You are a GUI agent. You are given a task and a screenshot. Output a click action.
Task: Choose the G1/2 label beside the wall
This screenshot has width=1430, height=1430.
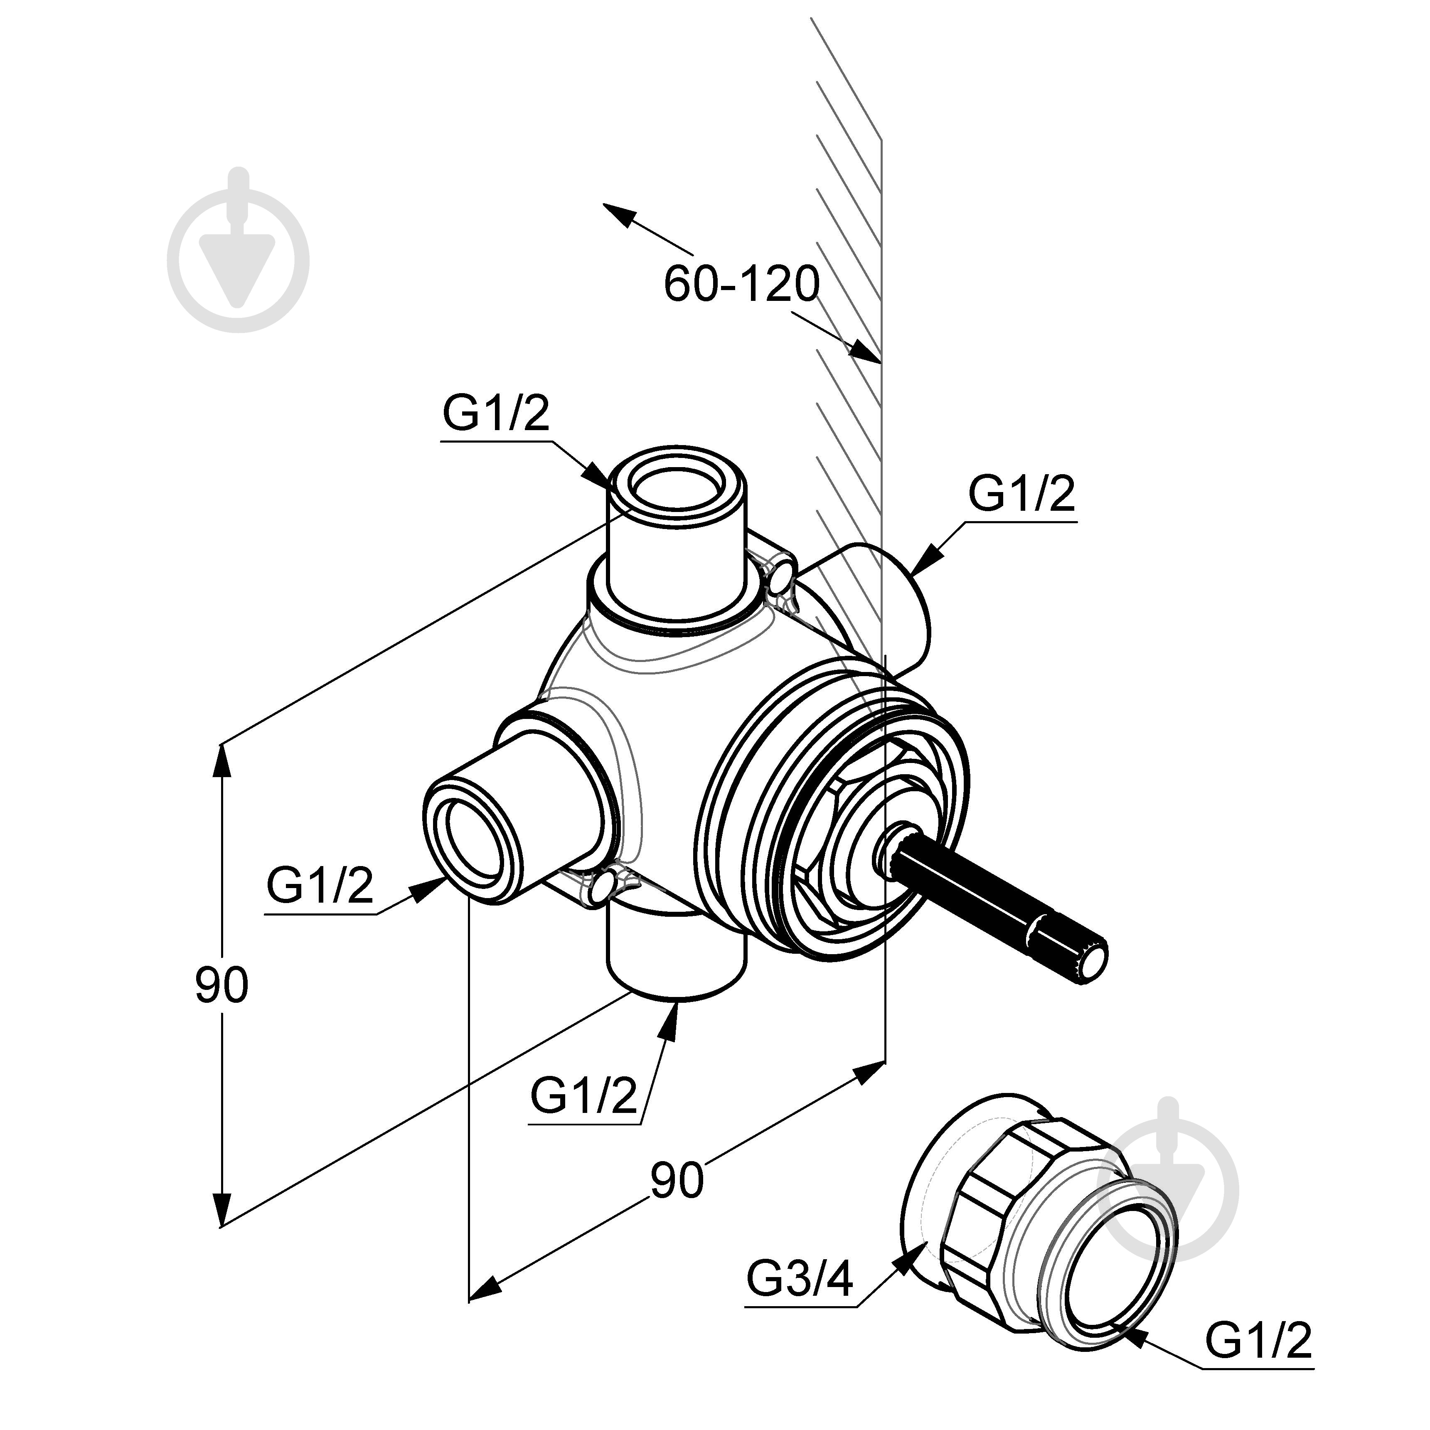pos(1021,494)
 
